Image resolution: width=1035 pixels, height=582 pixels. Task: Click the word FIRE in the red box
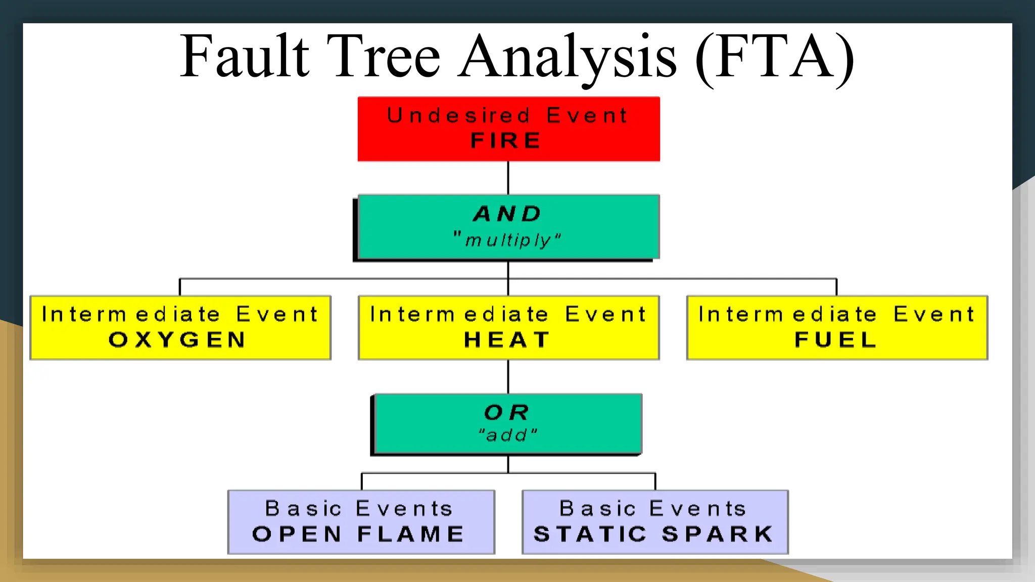pos(506,140)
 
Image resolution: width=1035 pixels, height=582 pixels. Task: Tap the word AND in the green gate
pos(507,214)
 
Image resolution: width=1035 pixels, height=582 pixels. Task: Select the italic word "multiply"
pos(507,240)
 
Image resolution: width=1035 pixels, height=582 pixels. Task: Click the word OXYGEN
pos(177,339)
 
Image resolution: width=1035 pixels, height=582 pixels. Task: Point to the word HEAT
pos(507,339)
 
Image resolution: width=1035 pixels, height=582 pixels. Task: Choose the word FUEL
pos(836,339)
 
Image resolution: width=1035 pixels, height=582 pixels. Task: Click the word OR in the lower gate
pos(507,412)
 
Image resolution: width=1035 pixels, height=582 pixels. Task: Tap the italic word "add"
pos(507,434)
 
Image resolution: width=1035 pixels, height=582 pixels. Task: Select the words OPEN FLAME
pos(358,534)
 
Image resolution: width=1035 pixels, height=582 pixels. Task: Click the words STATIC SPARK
pos(654,534)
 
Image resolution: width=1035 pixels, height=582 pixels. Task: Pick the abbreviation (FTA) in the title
pos(775,57)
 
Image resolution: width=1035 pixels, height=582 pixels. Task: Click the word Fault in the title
pos(245,57)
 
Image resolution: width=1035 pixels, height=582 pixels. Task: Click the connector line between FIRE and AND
pos(508,178)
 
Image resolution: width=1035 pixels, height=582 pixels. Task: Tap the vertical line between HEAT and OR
pos(508,376)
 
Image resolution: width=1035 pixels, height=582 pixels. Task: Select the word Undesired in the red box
pos(459,116)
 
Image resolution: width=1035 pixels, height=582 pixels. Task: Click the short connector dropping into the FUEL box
pos(836,287)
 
